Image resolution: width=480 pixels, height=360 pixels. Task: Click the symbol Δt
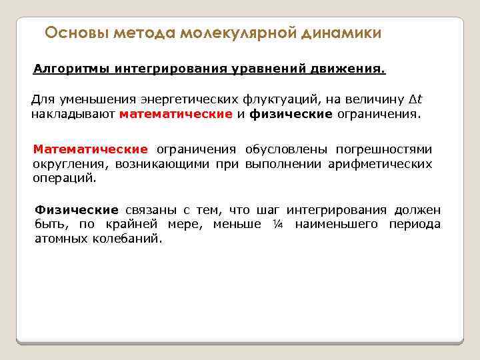coord(416,100)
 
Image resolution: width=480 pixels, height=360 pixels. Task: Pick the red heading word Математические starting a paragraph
coord(90,149)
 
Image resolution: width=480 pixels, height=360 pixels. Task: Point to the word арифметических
coord(380,164)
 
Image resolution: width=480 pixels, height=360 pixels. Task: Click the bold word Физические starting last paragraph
coord(77,210)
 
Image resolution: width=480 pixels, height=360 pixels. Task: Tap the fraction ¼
coord(279,225)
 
